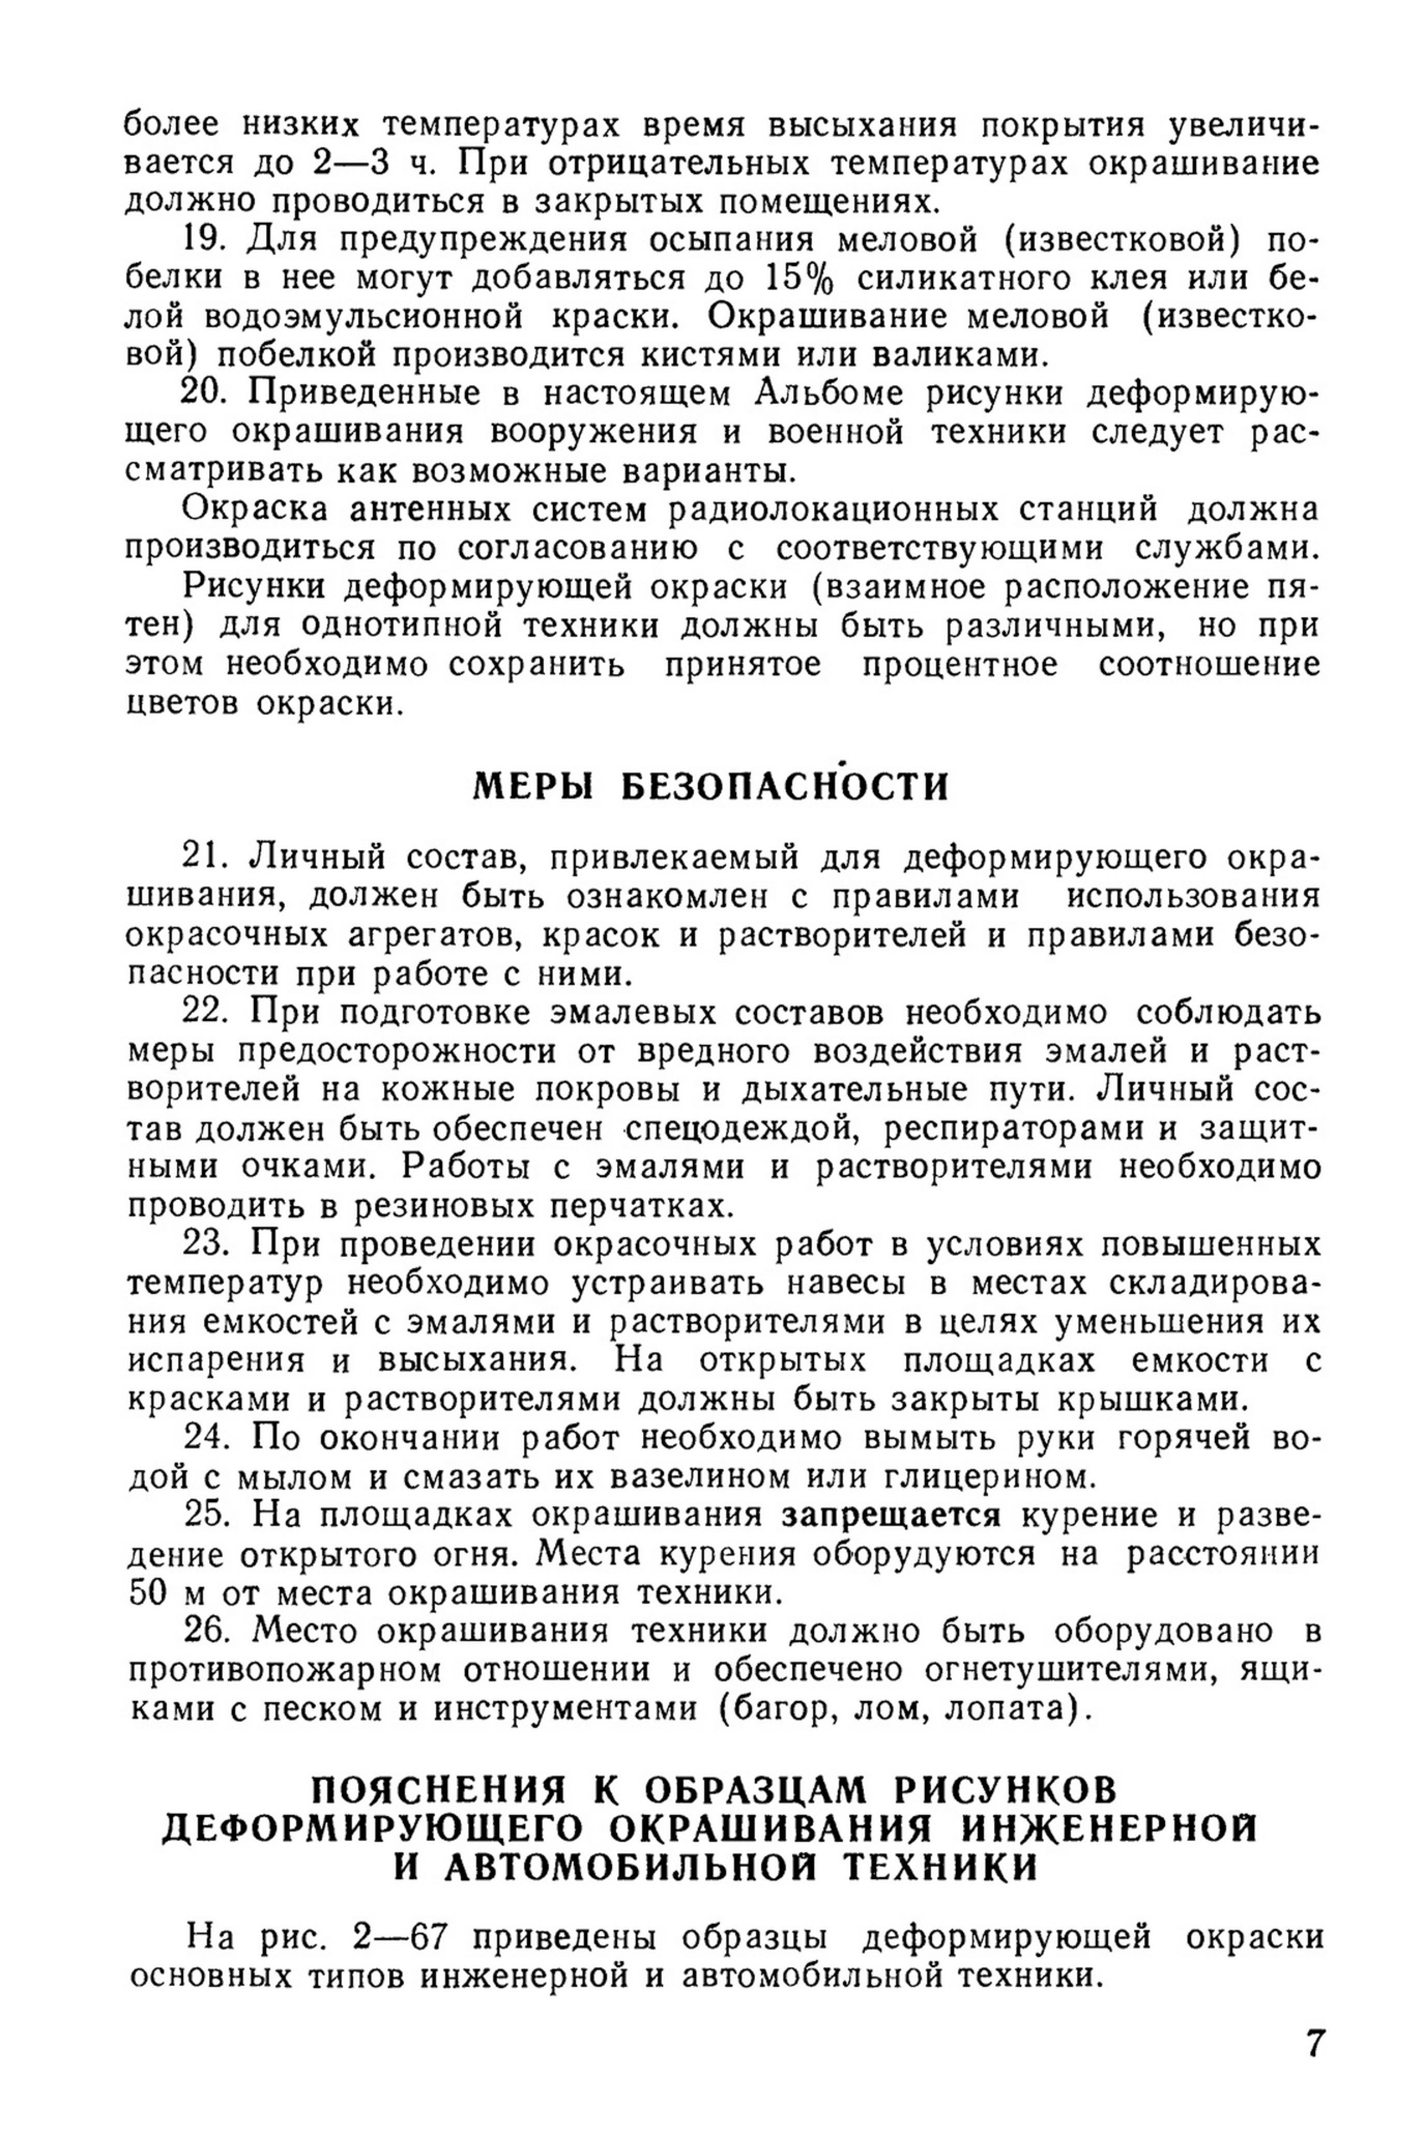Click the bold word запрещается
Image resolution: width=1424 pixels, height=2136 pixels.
click(892, 1516)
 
